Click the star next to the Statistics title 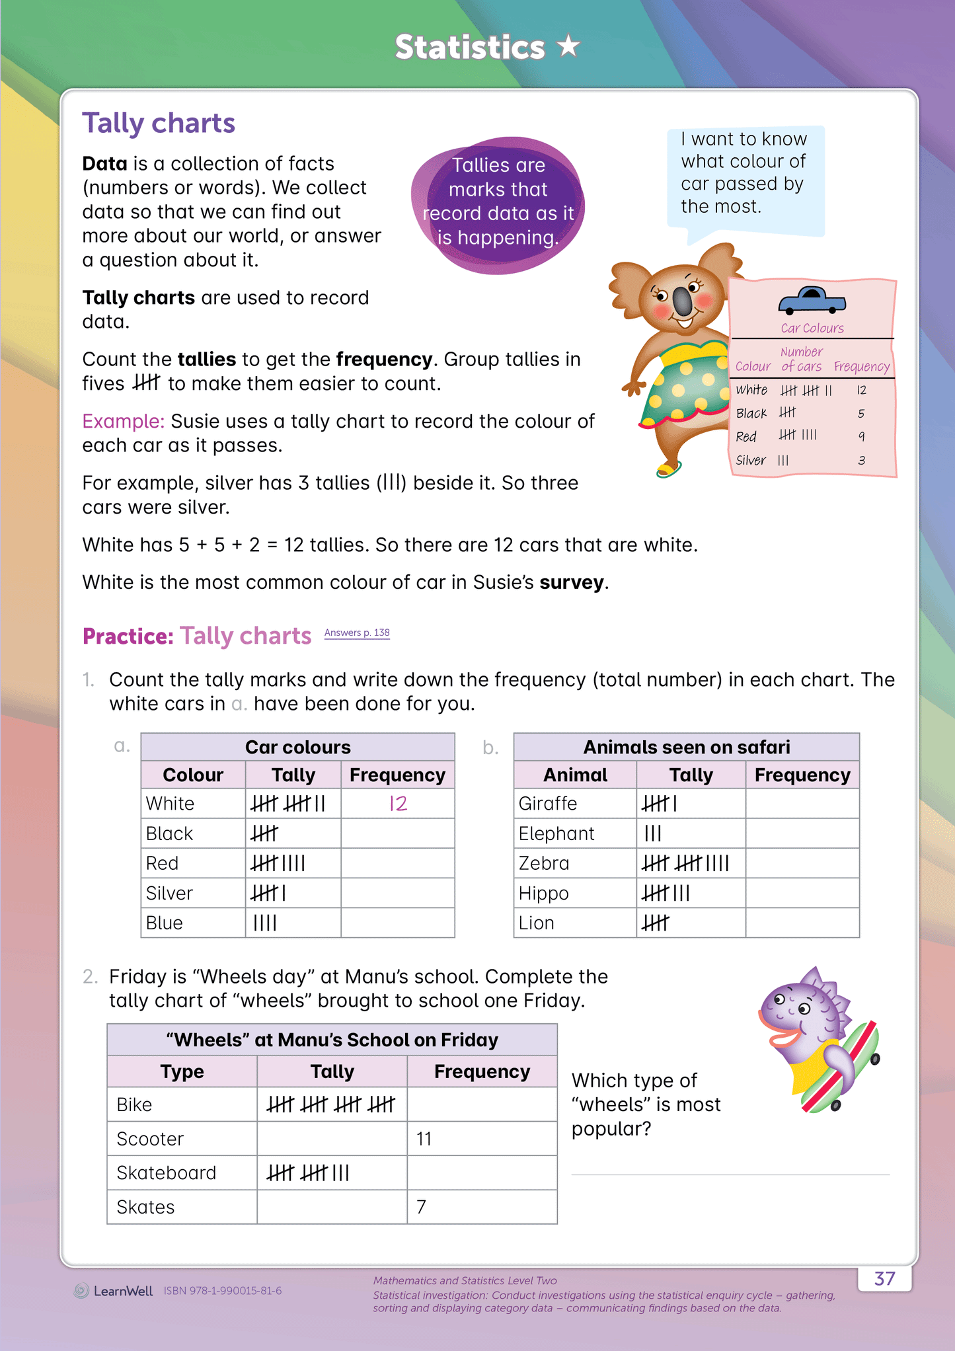568,46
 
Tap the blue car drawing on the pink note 812,300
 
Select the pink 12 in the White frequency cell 398,803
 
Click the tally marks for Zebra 685,863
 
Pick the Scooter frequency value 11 424,1139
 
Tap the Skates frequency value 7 421,1207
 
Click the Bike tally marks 330,1104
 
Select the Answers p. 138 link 357,633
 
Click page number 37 884,1278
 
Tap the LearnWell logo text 123,1291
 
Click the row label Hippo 543,893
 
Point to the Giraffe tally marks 660,804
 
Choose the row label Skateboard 167,1173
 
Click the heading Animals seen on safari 686,747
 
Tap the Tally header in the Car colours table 293,775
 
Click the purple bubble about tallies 498,202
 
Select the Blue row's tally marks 265,923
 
